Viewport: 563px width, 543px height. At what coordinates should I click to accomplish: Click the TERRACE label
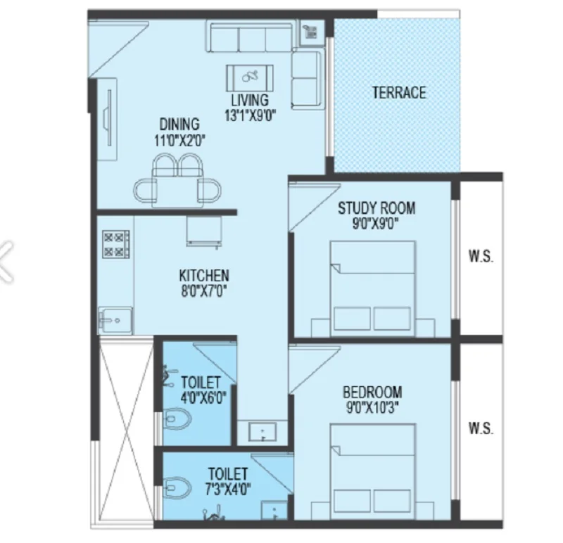[399, 93]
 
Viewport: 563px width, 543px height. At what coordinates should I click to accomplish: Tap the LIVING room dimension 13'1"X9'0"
[251, 115]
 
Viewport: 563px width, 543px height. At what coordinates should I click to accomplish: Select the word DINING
[179, 124]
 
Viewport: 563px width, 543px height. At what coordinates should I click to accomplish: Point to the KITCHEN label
[204, 276]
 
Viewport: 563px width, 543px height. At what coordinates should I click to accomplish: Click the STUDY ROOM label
[377, 208]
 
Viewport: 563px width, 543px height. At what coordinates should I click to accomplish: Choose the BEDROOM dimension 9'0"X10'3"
[372, 408]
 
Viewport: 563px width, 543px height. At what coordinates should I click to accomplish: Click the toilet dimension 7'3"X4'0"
[227, 489]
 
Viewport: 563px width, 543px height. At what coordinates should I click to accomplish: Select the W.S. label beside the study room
[481, 257]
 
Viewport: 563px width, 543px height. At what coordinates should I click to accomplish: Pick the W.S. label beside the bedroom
[481, 428]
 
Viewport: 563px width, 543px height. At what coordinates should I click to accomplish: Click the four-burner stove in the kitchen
[115, 244]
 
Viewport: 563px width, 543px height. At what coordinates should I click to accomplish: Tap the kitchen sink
[115, 321]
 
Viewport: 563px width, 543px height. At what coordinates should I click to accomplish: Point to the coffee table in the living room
[250, 78]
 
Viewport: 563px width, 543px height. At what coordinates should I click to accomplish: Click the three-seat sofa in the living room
[250, 38]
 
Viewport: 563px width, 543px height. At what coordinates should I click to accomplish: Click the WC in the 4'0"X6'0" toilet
[177, 419]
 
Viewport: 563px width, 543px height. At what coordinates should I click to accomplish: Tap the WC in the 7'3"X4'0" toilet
[177, 487]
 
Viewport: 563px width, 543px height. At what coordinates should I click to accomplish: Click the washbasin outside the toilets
[262, 432]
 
